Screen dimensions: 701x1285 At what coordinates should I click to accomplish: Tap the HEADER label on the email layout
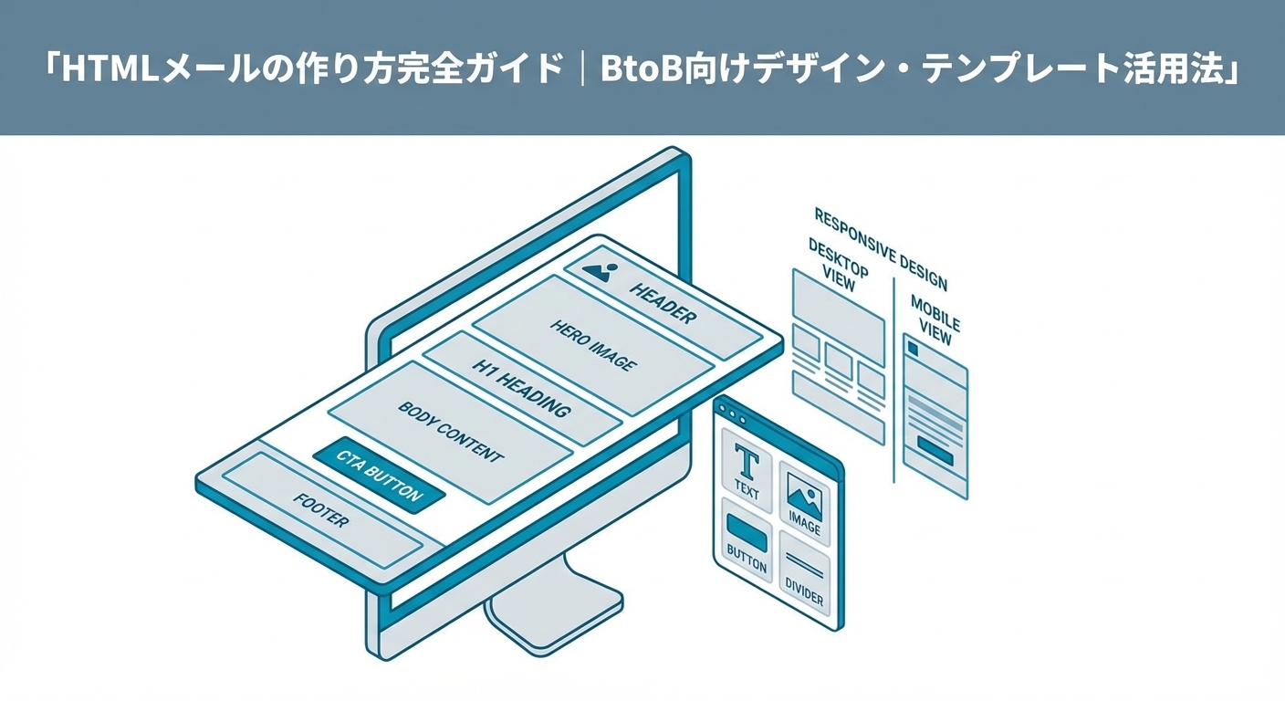pos(662,302)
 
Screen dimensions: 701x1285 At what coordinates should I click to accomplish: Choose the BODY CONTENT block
pos(450,431)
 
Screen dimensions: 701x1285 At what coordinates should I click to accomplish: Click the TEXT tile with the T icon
pos(747,468)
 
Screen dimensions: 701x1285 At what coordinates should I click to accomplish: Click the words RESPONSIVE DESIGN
pos(879,248)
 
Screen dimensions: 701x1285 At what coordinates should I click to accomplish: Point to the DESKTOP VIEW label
pos(838,265)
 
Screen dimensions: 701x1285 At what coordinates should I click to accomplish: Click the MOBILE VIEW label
pos(935,319)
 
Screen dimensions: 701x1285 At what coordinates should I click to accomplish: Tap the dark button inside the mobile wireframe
pos(935,447)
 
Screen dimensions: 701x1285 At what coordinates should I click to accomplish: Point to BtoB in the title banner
pos(642,68)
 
